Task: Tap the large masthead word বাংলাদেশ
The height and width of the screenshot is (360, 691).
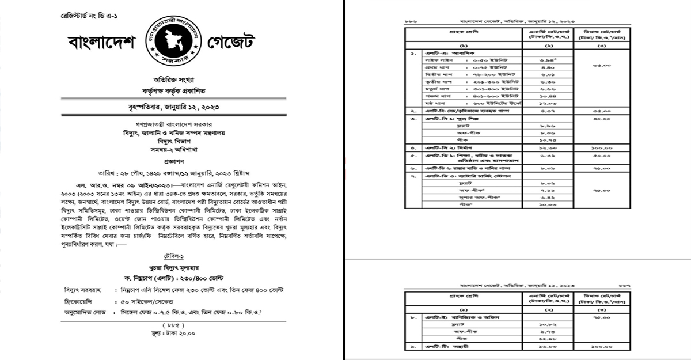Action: point(101,43)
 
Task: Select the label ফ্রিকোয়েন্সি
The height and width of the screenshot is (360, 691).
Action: point(82,302)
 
